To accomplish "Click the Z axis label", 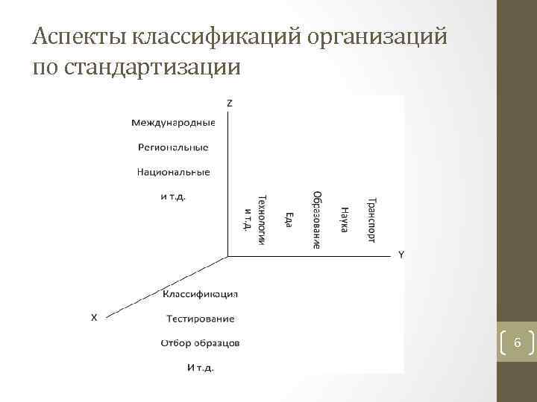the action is point(228,103).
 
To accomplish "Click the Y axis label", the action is point(401,255).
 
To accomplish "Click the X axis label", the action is point(93,317).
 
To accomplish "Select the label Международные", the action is point(173,123).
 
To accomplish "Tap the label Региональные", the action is point(173,147).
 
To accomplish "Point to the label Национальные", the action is point(173,172).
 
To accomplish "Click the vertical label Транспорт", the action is point(371,220).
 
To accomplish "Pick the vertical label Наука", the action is point(344,219).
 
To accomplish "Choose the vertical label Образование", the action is point(317,220).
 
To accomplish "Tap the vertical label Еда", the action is point(289,220).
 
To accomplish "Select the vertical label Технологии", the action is point(261,220).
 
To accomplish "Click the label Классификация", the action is point(201,293).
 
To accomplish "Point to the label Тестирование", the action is point(200,319).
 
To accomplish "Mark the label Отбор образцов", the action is point(200,343).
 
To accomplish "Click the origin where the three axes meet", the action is point(227,256).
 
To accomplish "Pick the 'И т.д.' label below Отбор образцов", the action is point(200,366).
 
